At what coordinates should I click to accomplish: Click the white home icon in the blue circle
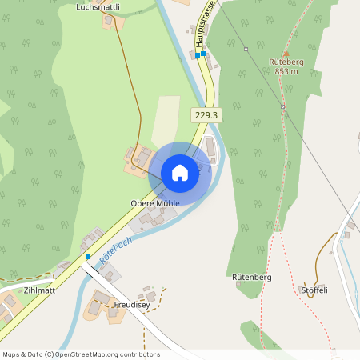(180, 172)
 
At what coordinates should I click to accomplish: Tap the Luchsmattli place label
(98, 6)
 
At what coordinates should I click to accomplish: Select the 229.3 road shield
(206, 115)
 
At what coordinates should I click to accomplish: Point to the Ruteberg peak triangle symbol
(286, 53)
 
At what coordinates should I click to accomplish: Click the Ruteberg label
(286, 62)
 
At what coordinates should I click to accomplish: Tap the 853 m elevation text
(286, 71)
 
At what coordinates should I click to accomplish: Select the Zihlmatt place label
(39, 290)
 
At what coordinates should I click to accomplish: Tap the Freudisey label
(133, 304)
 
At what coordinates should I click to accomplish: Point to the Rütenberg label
(252, 277)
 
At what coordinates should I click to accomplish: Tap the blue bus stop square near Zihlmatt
(88, 257)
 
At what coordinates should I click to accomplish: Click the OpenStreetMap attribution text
(81, 354)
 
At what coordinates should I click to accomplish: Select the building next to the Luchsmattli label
(110, 21)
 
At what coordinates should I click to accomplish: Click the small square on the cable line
(282, 106)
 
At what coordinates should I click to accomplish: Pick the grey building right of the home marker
(210, 148)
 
